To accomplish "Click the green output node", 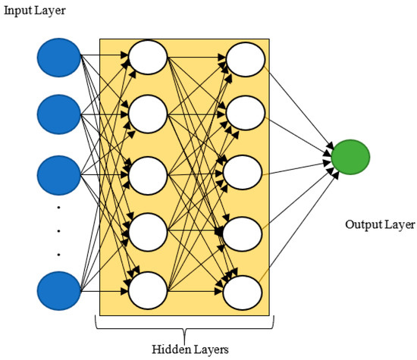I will [350, 157].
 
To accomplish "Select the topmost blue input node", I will [58, 56].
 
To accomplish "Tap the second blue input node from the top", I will [58, 114].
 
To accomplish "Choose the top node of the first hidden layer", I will [148, 56].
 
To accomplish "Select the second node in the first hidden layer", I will [148, 114].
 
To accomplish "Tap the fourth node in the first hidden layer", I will [148, 230].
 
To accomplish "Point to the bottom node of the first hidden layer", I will [148, 289].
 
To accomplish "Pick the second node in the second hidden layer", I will [245, 114].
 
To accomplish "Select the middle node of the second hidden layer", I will [245, 172].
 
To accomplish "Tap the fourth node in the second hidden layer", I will [245, 230].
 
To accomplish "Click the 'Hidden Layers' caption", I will [184, 349].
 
